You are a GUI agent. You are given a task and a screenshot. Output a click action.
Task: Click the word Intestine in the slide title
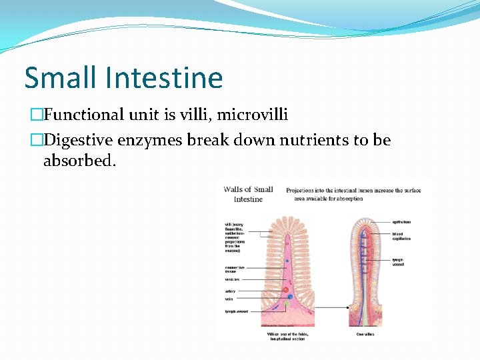pos(164,78)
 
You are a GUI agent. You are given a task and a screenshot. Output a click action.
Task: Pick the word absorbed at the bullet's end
pos(79,161)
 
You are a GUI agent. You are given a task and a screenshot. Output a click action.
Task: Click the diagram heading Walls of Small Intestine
pos(248,194)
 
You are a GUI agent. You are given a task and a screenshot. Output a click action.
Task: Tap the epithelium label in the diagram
pos(401,222)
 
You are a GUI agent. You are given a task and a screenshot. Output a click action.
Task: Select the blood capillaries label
pos(402,237)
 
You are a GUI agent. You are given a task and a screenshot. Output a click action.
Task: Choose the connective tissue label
pos(234,269)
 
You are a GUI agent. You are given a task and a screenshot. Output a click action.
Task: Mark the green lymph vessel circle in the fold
pos(287,304)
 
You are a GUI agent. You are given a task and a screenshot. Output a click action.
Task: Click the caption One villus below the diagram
pos(365,334)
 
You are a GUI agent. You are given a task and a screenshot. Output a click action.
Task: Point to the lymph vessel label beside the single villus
pos(398,262)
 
